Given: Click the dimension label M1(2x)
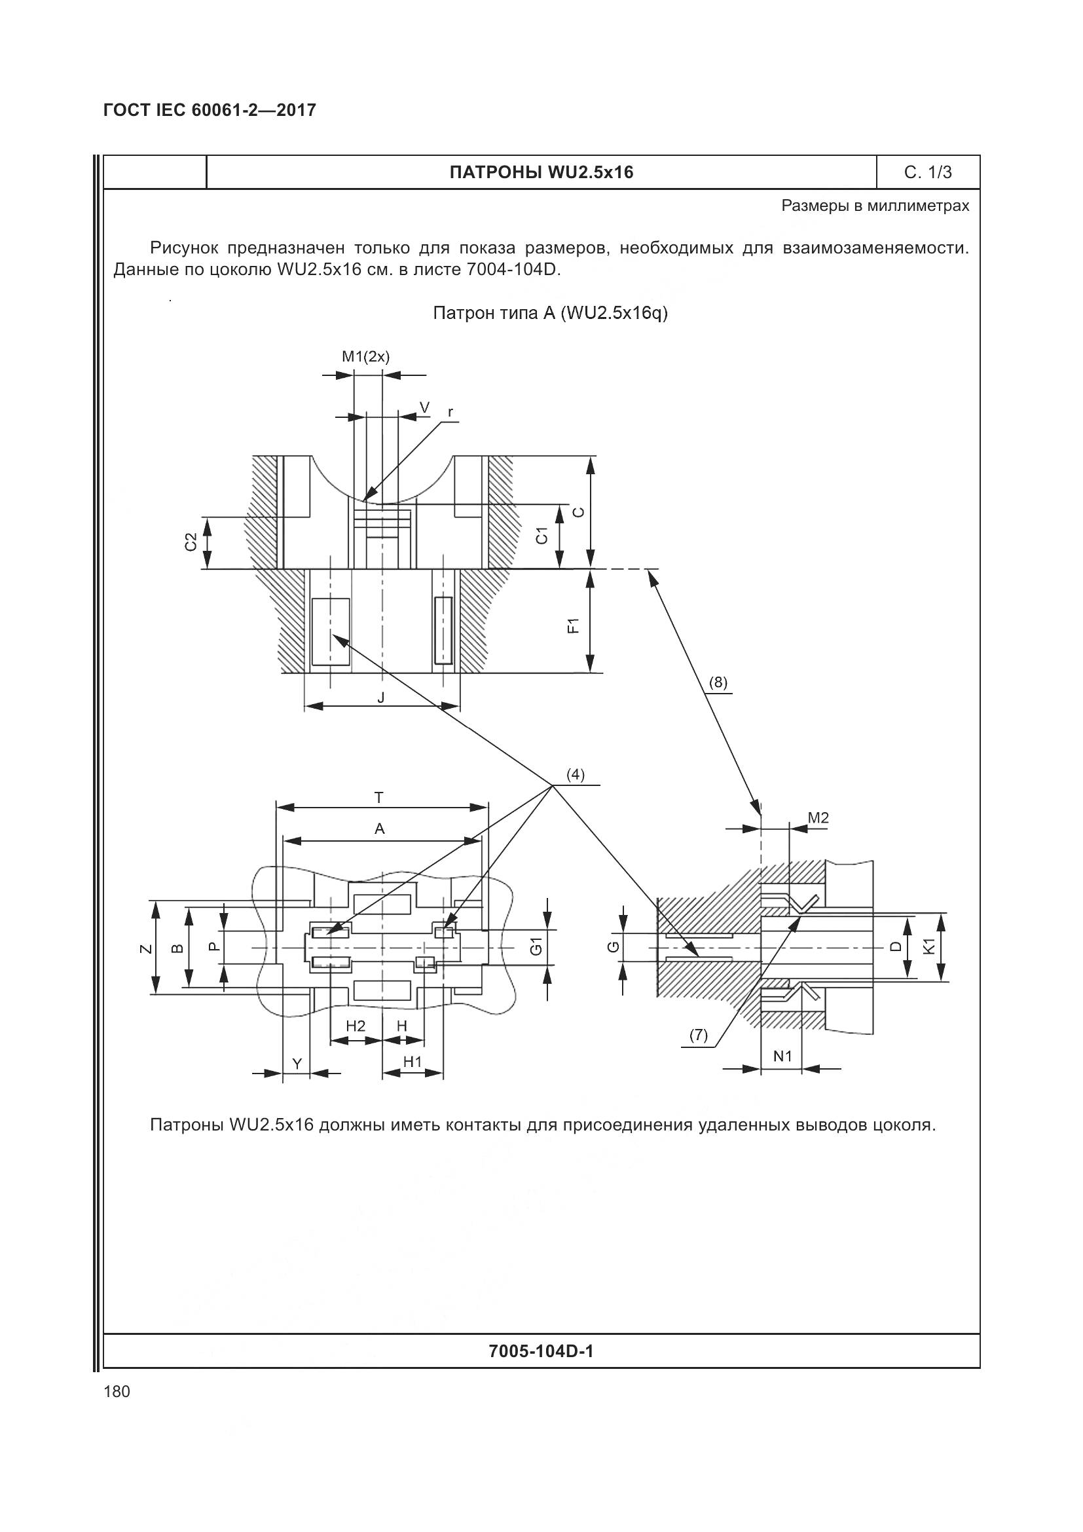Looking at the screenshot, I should [365, 356].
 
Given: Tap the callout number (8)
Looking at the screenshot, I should [718, 682].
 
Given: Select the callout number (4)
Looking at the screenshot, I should [575, 775].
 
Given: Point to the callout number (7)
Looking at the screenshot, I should [698, 1035].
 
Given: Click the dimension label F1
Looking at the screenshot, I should [573, 626].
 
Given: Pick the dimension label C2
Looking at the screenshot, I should [191, 542].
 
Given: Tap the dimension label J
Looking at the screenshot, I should [381, 698].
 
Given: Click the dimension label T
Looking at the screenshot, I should [378, 797].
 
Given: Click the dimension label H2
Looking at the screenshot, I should [356, 1026].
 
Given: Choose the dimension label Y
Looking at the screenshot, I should [298, 1062].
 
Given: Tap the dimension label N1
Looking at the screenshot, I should [782, 1056].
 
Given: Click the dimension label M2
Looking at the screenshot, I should [818, 818].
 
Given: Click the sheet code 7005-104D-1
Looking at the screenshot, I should [541, 1351].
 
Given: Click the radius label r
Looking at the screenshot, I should [450, 413].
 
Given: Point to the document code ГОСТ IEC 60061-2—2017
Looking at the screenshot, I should [210, 110].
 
